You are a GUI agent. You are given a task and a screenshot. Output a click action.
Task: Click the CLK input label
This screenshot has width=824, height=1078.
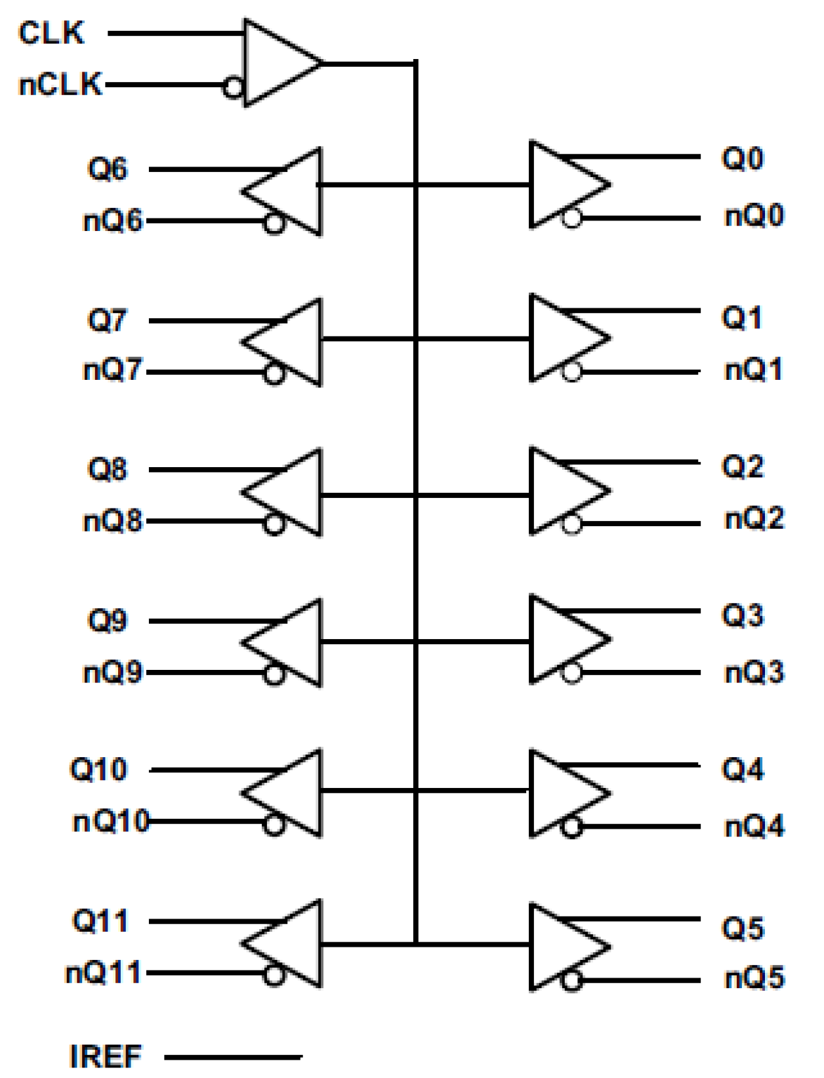pyautogui.click(x=51, y=33)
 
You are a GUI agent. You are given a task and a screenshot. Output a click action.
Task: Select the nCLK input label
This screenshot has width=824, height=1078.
pyautogui.click(x=60, y=85)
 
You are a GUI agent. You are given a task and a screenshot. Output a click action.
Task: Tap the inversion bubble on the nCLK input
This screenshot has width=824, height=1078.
pyautogui.click(x=233, y=87)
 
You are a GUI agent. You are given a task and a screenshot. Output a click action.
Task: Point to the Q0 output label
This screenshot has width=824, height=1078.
pyautogui.click(x=743, y=158)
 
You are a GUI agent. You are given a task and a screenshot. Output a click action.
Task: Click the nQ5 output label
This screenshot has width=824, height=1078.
pyautogui.click(x=754, y=978)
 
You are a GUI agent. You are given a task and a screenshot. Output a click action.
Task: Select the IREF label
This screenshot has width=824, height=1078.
pyautogui.click(x=105, y=1056)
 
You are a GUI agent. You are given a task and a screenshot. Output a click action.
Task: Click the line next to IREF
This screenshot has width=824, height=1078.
pyautogui.click(x=233, y=1056)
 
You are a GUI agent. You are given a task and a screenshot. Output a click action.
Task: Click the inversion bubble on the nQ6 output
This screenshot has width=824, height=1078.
pyautogui.click(x=274, y=223)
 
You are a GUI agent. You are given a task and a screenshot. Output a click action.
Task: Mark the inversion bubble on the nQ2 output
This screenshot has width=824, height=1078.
pyautogui.click(x=572, y=524)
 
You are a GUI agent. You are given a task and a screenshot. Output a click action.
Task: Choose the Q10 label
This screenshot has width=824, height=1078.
pyautogui.click(x=98, y=769)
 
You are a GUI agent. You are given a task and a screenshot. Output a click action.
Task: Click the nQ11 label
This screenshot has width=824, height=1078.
pyautogui.click(x=103, y=972)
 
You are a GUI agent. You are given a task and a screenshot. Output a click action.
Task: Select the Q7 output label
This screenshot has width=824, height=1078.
pyautogui.click(x=107, y=320)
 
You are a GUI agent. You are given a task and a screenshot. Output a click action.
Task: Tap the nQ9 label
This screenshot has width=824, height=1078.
pyautogui.click(x=112, y=673)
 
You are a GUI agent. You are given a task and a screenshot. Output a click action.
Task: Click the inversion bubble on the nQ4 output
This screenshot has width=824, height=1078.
pyautogui.click(x=572, y=827)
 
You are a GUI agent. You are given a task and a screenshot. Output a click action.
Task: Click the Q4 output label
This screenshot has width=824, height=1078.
pyautogui.click(x=743, y=769)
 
